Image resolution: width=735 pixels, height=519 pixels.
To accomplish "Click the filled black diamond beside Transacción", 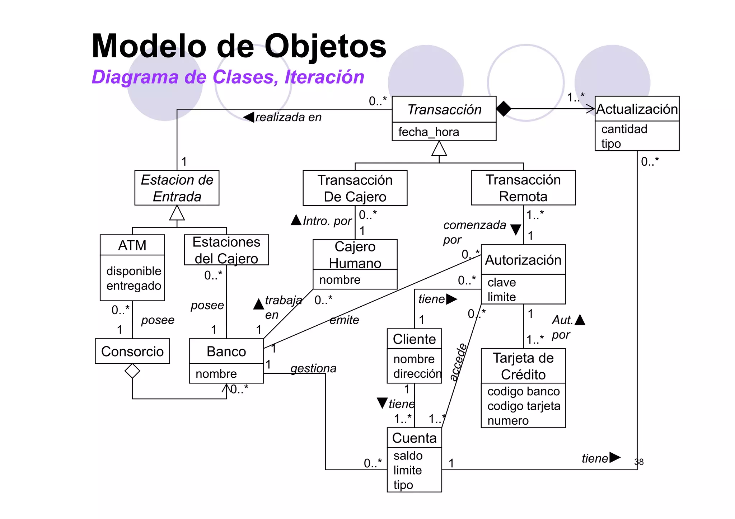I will (x=504, y=109).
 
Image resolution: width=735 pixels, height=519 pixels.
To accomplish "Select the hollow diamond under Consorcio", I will (x=132, y=371).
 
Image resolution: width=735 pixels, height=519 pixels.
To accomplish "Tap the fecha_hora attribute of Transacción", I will (x=429, y=132).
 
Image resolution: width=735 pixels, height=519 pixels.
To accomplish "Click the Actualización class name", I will (x=637, y=109).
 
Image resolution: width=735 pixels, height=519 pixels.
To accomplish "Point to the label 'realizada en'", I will (x=288, y=117).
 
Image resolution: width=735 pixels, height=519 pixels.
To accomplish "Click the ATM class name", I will (x=132, y=245).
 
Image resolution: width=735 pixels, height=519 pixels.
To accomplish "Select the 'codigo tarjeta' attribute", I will (x=523, y=406).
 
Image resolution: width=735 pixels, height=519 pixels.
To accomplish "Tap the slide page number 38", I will (x=639, y=462).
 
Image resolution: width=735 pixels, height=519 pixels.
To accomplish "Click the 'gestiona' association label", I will (x=313, y=368).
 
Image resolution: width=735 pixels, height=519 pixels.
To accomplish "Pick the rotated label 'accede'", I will (x=458, y=362).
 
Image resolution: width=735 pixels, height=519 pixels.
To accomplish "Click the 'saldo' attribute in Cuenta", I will (x=408, y=456).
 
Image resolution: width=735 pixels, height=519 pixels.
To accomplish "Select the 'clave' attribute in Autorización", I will (x=501, y=282).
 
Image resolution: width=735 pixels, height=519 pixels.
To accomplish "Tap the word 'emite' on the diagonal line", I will (x=344, y=320).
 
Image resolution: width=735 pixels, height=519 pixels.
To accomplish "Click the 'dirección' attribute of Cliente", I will (x=417, y=374).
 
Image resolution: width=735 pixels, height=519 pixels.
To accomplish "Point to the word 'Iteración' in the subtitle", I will (x=324, y=77).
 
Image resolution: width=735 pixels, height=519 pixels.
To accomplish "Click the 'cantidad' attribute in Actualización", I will (x=624, y=129).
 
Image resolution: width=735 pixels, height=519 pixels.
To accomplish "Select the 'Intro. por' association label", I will (x=327, y=221).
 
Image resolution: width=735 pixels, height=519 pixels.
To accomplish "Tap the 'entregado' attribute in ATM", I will (x=134, y=286).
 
